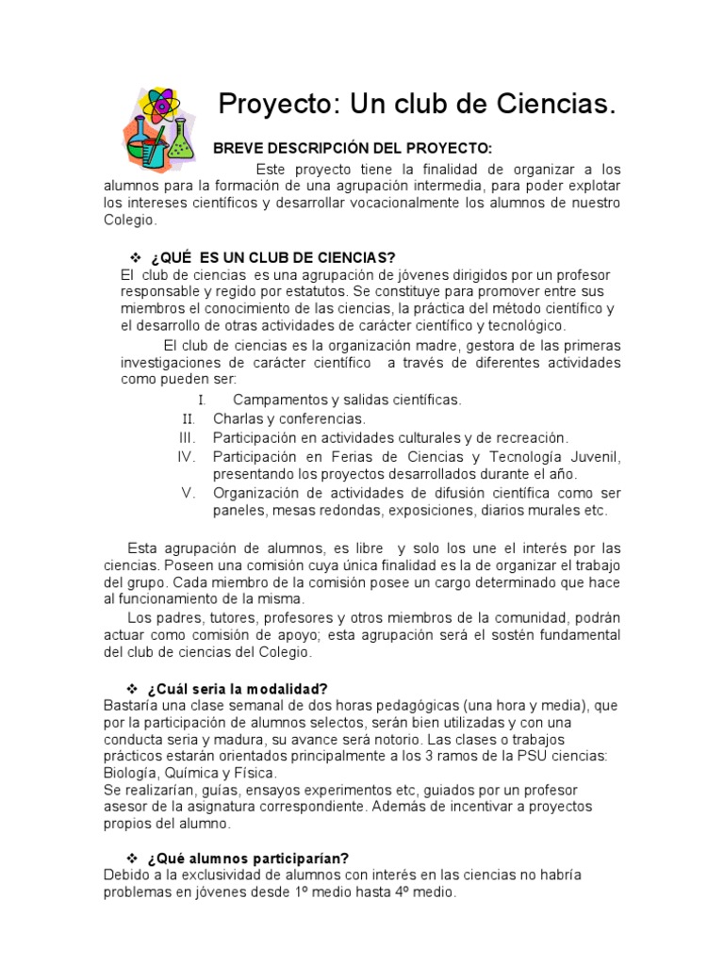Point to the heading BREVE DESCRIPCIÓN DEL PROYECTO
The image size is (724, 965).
click(352, 149)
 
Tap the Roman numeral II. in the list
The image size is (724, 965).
click(188, 418)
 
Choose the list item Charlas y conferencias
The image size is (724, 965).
click(288, 418)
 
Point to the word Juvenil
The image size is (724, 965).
click(593, 457)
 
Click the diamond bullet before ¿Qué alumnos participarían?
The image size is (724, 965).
click(133, 858)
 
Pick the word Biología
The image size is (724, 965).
click(133, 772)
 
